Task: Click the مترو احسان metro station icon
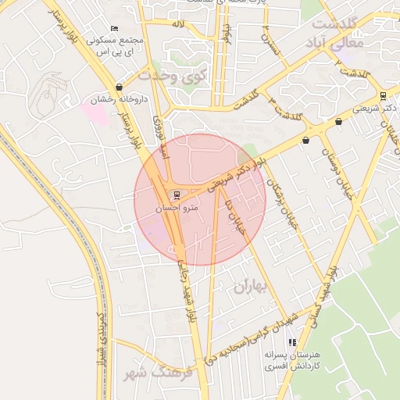176,195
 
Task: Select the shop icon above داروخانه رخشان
119,87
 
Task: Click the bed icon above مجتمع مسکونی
115,29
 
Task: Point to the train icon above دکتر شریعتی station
382,96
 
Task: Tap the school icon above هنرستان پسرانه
292,342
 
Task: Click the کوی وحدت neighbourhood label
170,77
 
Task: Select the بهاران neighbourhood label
250,287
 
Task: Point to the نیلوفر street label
227,35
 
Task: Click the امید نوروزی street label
162,138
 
